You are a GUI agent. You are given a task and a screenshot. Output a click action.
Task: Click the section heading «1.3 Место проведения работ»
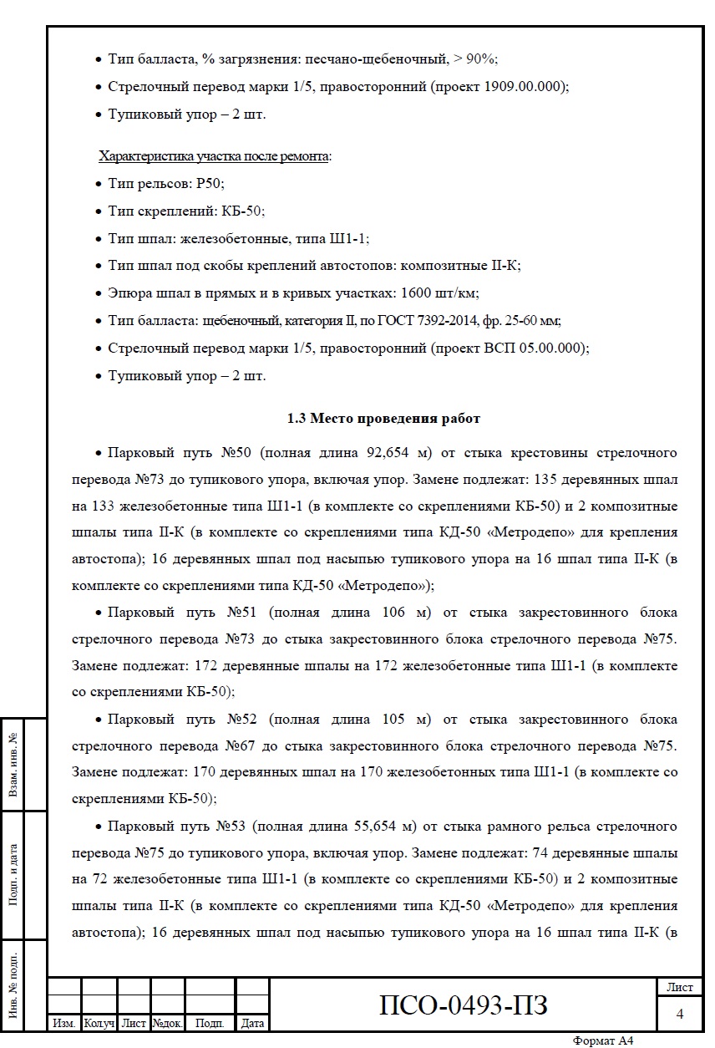(x=383, y=418)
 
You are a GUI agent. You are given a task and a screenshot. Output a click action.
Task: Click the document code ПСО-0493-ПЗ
(x=464, y=1004)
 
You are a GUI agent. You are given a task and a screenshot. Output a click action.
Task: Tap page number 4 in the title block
(x=679, y=1014)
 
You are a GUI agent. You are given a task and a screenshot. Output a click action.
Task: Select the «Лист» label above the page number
(x=679, y=987)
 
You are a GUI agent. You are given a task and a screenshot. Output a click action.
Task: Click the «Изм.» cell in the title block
(x=64, y=1023)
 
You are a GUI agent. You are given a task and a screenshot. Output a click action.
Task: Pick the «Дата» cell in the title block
(x=252, y=1023)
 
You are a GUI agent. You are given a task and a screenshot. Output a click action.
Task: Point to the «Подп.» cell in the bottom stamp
(x=209, y=1023)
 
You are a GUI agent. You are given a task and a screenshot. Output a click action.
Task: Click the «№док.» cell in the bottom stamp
(x=167, y=1023)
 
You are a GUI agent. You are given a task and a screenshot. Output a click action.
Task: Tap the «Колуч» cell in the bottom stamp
(x=99, y=1023)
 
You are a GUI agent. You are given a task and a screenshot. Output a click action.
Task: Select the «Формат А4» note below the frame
(x=603, y=1040)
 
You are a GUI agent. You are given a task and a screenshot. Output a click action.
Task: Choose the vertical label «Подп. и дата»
(x=13, y=872)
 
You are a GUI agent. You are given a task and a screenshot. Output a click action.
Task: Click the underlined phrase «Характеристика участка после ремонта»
(x=214, y=156)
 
